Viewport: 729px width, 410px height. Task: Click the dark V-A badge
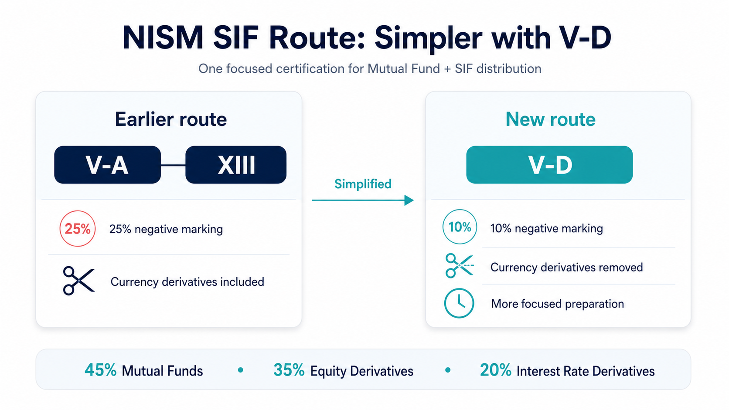[x=107, y=165]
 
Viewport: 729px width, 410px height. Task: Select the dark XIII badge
[x=236, y=165]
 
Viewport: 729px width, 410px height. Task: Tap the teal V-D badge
[x=549, y=165]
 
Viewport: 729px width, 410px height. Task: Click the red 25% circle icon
[x=78, y=229]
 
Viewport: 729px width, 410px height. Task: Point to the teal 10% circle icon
[x=460, y=227]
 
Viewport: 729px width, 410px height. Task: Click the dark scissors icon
[x=79, y=281]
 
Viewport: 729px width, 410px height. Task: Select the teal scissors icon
[x=459, y=266]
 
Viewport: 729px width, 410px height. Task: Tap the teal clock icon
[x=459, y=303]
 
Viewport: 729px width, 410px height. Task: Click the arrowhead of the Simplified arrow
[x=409, y=200]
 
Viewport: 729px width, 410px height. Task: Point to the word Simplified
[x=363, y=184]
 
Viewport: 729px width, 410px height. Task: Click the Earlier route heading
[x=171, y=119]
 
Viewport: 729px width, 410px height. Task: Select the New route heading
[x=550, y=119]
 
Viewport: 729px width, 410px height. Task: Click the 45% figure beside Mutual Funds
[x=101, y=370]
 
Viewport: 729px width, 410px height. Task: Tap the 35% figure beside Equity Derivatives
[x=289, y=370]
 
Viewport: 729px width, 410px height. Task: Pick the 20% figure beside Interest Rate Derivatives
[x=496, y=370]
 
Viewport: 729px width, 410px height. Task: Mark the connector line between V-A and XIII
[x=173, y=166]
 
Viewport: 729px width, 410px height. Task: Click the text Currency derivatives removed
[x=567, y=267]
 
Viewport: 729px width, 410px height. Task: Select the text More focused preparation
[x=558, y=304]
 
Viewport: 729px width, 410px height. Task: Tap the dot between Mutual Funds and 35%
[x=241, y=370]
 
